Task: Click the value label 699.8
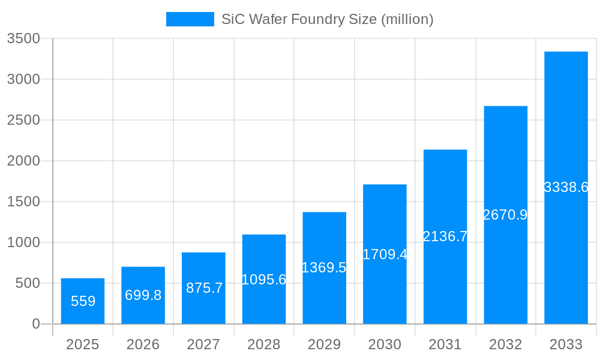click(143, 295)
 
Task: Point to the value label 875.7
click(204, 288)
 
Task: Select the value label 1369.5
click(324, 268)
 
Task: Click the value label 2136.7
click(445, 236)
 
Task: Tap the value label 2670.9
click(505, 215)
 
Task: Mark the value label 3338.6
click(566, 187)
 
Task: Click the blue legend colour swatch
click(190, 19)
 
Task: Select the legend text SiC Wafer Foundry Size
click(328, 19)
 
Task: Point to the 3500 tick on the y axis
click(23, 38)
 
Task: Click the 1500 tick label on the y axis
click(23, 202)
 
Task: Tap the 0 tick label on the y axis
click(35, 324)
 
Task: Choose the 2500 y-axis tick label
click(23, 120)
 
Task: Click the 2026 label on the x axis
click(143, 344)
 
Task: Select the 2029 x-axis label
click(324, 344)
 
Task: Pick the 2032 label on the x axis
click(505, 344)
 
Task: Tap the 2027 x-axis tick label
click(203, 344)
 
